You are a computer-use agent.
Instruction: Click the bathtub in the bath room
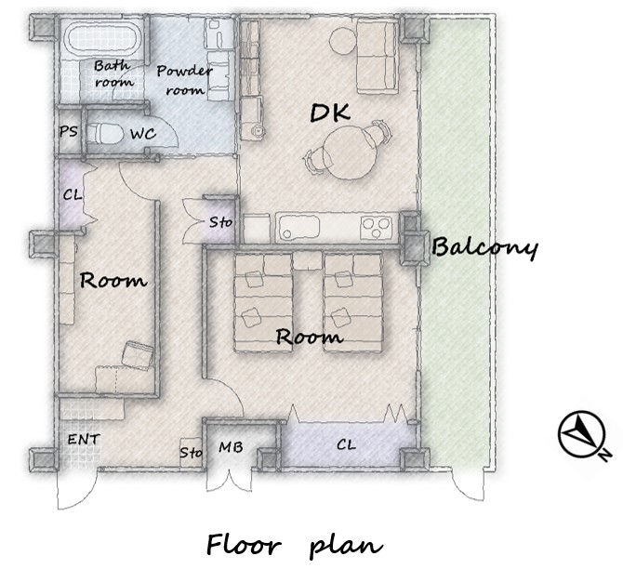(101, 38)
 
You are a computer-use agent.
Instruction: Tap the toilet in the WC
(104, 134)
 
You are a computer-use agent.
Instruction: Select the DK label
(330, 112)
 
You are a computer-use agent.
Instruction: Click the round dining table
(349, 152)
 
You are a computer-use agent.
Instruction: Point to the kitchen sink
(299, 228)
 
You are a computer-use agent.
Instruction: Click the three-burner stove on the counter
(376, 228)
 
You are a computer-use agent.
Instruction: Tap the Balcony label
(484, 247)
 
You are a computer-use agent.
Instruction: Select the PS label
(68, 131)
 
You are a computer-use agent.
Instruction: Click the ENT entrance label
(84, 440)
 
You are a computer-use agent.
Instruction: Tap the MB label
(231, 447)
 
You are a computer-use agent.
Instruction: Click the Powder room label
(185, 80)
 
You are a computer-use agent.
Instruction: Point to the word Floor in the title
(244, 544)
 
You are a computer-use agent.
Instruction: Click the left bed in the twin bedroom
(263, 302)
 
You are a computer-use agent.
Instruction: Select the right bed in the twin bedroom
(352, 302)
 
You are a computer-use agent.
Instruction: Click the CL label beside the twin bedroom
(346, 444)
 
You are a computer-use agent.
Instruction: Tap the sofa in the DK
(378, 57)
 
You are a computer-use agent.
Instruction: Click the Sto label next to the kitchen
(220, 222)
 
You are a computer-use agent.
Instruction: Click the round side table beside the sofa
(343, 40)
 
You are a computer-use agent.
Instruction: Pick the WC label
(143, 134)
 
